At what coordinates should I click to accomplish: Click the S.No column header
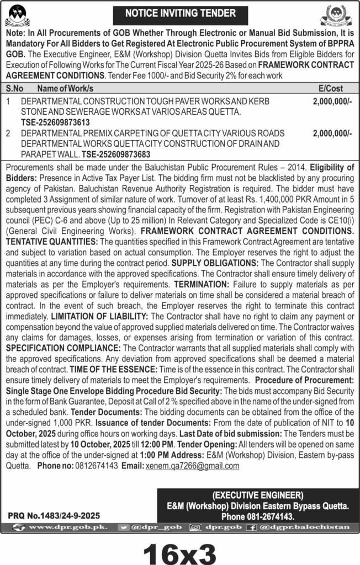[15, 88]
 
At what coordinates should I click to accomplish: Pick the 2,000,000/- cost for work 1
[332, 102]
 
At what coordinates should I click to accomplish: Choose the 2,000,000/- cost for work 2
[332, 133]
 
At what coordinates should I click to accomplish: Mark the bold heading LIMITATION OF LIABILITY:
[99, 317]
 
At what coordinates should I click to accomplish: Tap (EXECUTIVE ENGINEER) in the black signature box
[257, 494]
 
